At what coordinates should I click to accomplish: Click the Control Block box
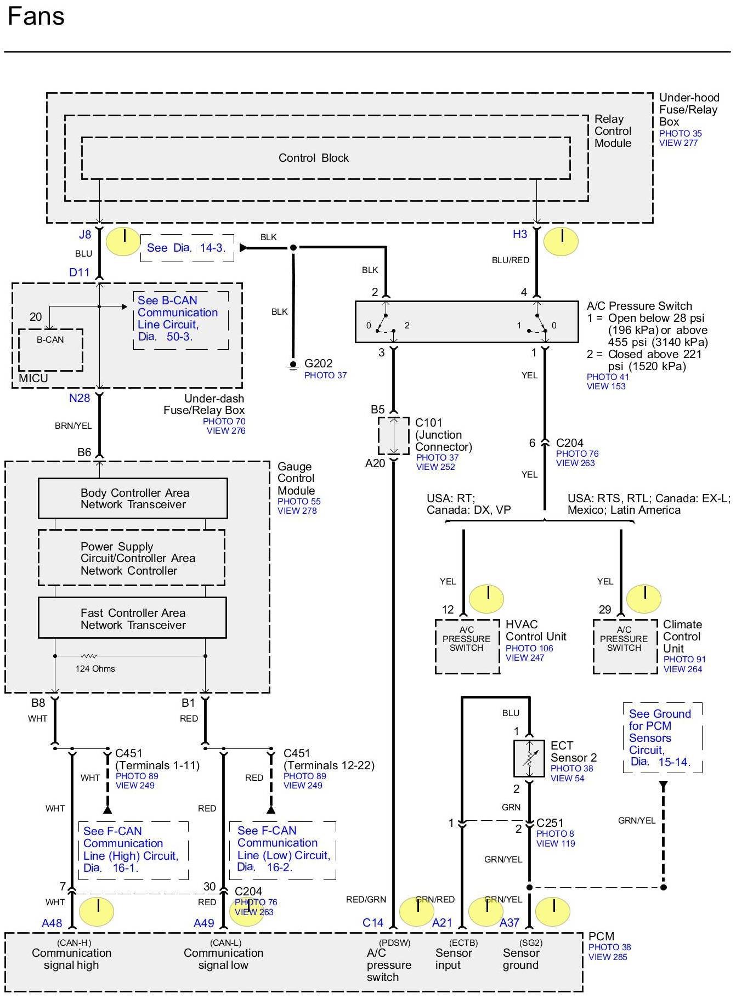(x=326, y=158)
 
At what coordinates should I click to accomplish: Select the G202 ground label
(x=318, y=364)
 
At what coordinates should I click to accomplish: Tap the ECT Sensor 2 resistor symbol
(x=529, y=758)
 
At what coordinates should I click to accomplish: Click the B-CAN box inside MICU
(x=50, y=349)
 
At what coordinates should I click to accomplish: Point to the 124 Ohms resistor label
(x=95, y=669)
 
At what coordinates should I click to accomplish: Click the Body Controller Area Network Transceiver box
(x=133, y=498)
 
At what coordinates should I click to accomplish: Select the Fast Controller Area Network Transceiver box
(x=132, y=618)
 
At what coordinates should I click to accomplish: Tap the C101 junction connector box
(x=394, y=436)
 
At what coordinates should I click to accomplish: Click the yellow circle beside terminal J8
(x=123, y=241)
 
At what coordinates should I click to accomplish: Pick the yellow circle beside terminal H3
(x=561, y=241)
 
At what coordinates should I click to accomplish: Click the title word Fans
(x=36, y=16)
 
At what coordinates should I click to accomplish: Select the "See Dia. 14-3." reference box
(x=186, y=248)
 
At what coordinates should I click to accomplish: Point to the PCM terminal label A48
(x=52, y=923)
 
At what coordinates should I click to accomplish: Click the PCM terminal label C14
(x=373, y=923)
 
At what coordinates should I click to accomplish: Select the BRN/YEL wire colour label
(x=73, y=425)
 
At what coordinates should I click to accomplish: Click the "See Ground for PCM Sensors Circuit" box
(x=662, y=737)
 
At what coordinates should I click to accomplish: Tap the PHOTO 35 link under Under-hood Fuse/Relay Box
(x=680, y=133)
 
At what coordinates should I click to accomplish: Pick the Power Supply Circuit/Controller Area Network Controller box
(x=132, y=558)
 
